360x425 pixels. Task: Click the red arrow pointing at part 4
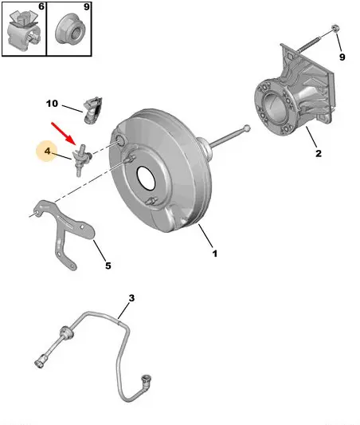(63, 133)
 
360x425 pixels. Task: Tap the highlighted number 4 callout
(47, 151)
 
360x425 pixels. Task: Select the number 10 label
(52, 104)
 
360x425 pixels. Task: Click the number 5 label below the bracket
(108, 266)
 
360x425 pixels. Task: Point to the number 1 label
(215, 254)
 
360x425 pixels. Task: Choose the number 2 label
(319, 153)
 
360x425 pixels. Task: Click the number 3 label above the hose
(131, 298)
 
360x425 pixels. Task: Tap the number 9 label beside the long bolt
(342, 57)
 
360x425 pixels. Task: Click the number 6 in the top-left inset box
(41, 6)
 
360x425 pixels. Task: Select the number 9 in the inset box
(86, 6)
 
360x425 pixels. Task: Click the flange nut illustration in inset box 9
(70, 30)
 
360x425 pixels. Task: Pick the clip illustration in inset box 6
(24, 30)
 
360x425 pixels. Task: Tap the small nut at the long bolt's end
(335, 28)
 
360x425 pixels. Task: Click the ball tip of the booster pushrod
(247, 128)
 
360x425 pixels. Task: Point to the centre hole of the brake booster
(147, 178)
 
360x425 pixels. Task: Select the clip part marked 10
(92, 110)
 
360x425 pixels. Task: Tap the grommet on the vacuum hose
(66, 333)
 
